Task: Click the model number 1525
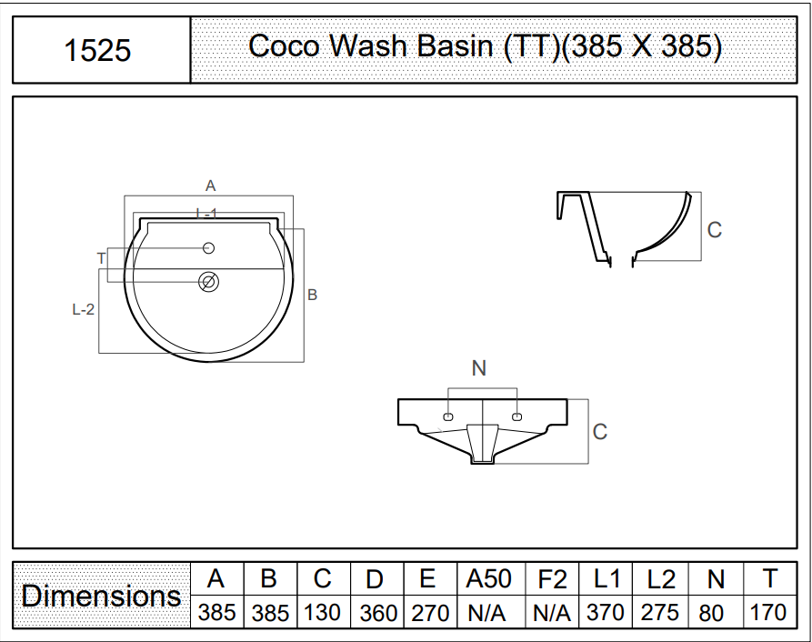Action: click(97, 50)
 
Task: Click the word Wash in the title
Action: click(367, 45)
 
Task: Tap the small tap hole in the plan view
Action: click(209, 248)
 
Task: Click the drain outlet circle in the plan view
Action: click(209, 282)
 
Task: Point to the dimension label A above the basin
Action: click(210, 186)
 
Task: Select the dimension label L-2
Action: click(84, 309)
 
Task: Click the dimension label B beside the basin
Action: click(312, 295)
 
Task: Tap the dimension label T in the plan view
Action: click(102, 258)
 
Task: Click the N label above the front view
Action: click(479, 368)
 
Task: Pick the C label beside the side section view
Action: click(715, 230)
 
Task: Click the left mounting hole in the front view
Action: click(448, 416)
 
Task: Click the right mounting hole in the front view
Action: click(516, 416)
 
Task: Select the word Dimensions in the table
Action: click(102, 596)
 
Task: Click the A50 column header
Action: click(488, 578)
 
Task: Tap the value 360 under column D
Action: click(378, 614)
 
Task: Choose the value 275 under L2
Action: click(660, 613)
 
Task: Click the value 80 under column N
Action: click(710, 614)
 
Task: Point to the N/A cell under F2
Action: click(552, 614)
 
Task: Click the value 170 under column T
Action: click(768, 613)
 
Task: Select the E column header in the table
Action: click(427, 577)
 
